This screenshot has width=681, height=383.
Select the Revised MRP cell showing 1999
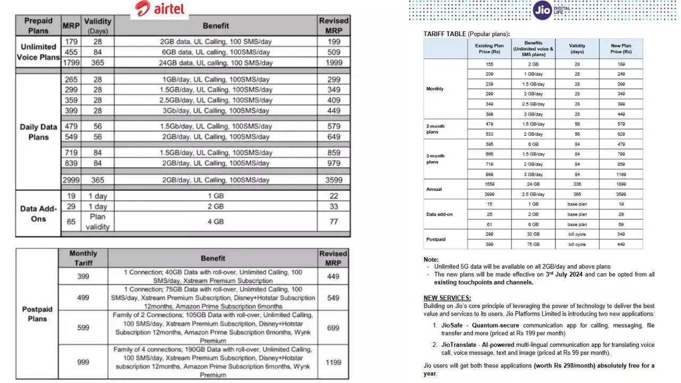click(x=334, y=63)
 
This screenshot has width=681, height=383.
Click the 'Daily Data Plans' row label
click(x=38, y=132)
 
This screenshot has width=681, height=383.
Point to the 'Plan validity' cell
click(x=97, y=222)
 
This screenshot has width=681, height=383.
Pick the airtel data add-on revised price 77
click(x=334, y=222)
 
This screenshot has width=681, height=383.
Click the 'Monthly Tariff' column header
click(x=83, y=258)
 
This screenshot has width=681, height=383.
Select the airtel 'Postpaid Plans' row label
click(x=37, y=314)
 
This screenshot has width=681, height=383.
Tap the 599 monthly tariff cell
click(x=83, y=328)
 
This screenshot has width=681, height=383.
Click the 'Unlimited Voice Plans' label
click(x=38, y=52)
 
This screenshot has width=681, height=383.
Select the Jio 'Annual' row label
click(x=434, y=189)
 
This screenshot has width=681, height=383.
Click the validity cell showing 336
click(x=577, y=184)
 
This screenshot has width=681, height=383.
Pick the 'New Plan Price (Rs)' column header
click(x=620, y=48)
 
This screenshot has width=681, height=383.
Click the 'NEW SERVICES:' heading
click(x=447, y=298)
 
